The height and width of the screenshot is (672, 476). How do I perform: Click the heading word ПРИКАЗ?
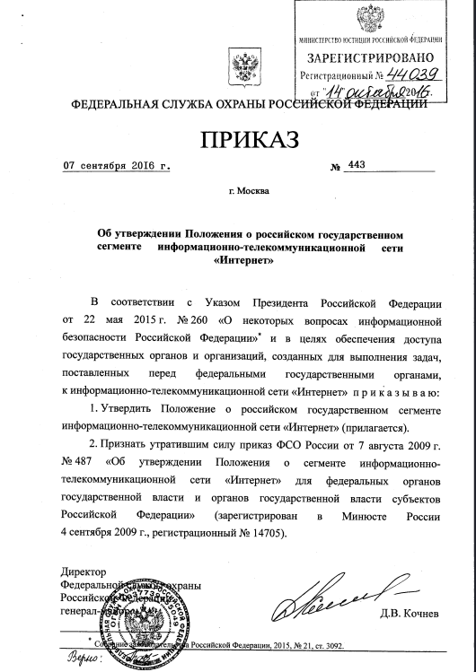point(239,140)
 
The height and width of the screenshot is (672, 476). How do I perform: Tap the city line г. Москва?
point(254,191)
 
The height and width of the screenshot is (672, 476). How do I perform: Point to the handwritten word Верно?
point(83,661)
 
